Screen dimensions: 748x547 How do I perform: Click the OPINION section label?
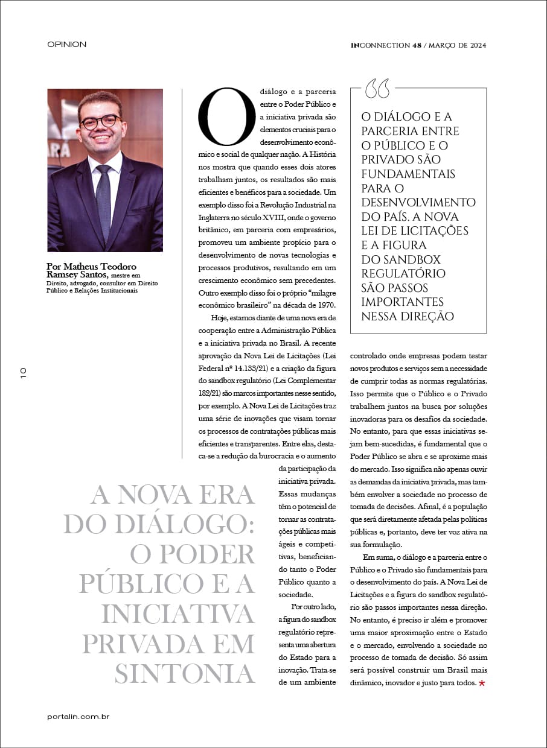pos(66,45)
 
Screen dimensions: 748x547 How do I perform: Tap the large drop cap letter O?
pos(227,116)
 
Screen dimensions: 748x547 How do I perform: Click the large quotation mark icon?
pos(377,89)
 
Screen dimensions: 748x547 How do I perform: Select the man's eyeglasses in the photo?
pos(100,122)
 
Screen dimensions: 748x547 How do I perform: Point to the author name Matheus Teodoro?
pos(91,267)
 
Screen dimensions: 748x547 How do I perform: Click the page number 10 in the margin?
pos(23,372)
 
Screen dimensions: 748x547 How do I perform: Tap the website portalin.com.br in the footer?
pos(78,717)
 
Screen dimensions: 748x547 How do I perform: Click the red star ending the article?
pos(482,683)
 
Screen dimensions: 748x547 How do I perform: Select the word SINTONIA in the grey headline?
pos(185,673)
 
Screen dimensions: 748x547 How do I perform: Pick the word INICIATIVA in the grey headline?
pos(179,613)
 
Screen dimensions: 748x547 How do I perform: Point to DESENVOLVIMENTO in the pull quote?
pos(418,202)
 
